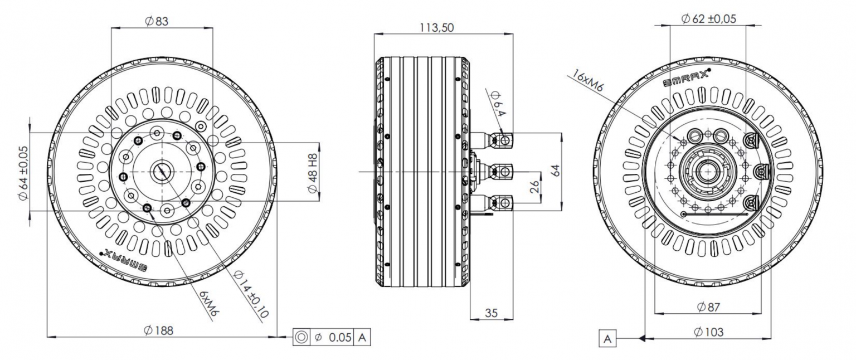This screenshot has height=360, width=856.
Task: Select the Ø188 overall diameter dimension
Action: (159, 330)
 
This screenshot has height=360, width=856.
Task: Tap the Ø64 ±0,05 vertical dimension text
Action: (23, 172)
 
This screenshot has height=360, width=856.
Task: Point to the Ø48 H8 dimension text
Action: (313, 173)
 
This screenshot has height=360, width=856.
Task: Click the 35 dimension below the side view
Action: (490, 313)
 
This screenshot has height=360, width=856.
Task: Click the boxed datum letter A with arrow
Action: (609, 338)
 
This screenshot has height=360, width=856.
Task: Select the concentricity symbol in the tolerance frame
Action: (301, 337)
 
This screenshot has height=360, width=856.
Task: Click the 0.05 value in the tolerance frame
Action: (340, 337)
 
